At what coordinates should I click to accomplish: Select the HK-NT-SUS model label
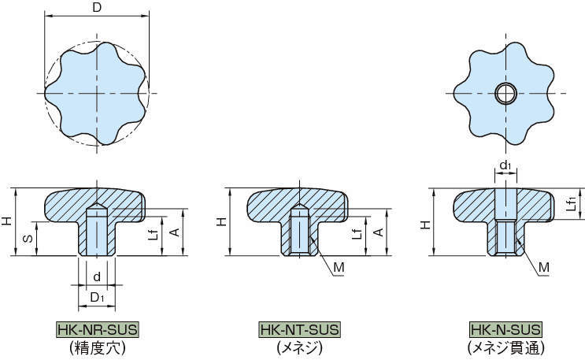(x=299, y=329)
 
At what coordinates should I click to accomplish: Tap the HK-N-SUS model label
(x=505, y=329)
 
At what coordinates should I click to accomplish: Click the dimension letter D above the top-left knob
(x=97, y=8)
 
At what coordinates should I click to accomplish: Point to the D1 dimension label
(x=97, y=297)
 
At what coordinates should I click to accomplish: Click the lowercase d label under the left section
(x=97, y=276)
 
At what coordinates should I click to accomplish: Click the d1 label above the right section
(x=505, y=166)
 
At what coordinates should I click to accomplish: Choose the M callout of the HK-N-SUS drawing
(x=543, y=269)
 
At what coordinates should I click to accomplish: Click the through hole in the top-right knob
(x=505, y=93)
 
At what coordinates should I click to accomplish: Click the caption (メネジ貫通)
(x=505, y=346)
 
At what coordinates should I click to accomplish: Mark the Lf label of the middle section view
(x=357, y=233)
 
